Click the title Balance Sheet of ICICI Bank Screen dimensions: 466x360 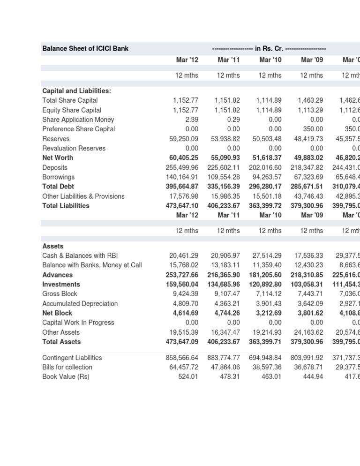(x=85, y=48)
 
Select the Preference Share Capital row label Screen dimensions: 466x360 (x=78, y=129)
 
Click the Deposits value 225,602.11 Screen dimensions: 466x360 (x=224, y=167)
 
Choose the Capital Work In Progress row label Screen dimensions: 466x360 (x=78, y=323)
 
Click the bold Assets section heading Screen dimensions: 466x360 (x=53, y=246)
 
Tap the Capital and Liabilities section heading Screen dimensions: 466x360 (x=76, y=90)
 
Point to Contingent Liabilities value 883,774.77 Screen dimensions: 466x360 (x=224, y=357)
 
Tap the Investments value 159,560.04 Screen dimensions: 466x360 (x=182, y=284)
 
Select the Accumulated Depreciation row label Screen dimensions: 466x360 (x=80, y=303)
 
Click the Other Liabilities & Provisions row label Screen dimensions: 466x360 (x=83, y=196)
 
